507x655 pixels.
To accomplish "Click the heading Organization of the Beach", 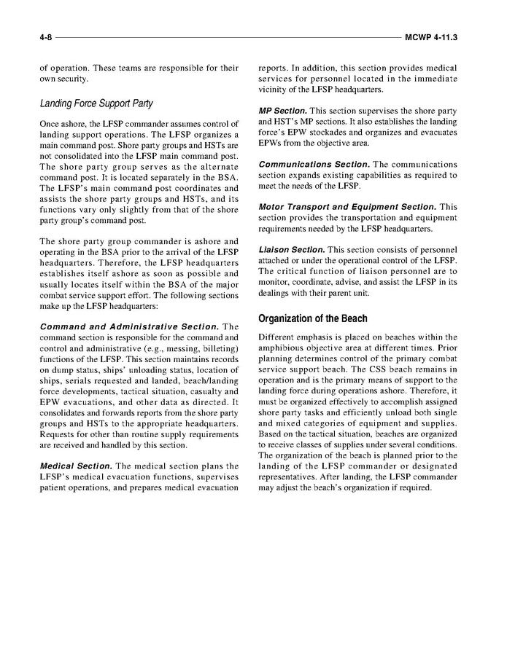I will click(313, 318).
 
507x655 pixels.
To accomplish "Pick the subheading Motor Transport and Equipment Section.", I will click(347, 207).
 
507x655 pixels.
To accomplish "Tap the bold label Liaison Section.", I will click(292, 250).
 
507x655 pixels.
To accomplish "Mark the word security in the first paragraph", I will click(74, 78).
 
